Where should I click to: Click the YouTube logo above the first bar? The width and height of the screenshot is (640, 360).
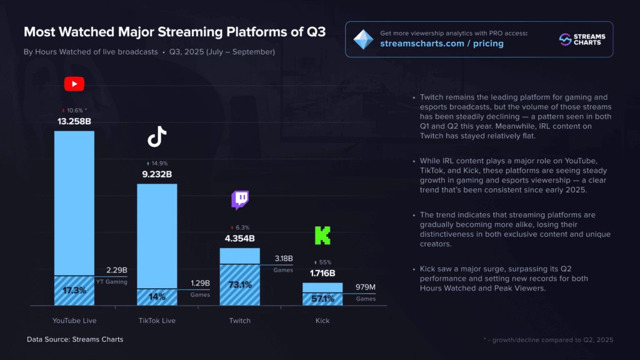click(74, 84)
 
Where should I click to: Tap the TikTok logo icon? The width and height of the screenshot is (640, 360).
click(157, 136)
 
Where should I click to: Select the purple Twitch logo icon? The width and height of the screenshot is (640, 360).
click(240, 200)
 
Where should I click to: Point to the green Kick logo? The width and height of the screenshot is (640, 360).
click(322, 235)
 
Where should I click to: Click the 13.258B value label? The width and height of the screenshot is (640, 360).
click(74, 121)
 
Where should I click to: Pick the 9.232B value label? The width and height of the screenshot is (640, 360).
click(157, 174)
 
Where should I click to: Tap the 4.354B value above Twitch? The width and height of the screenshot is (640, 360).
click(240, 238)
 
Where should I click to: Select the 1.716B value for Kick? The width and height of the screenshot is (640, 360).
click(322, 273)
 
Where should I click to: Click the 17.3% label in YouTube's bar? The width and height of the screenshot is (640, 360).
click(74, 291)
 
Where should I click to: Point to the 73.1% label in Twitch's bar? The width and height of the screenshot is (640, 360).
click(240, 285)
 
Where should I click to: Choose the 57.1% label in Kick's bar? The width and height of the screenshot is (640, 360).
click(322, 299)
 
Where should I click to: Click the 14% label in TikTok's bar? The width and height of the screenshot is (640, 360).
click(157, 297)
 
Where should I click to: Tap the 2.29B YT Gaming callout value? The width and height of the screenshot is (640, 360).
click(117, 270)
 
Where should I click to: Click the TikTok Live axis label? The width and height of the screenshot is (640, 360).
click(157, 321)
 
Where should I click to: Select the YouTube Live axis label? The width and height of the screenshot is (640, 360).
click(74, 321)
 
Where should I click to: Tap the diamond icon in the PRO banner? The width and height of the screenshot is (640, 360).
click(362, 39)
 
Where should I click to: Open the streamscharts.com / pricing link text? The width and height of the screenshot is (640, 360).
click(441, 44)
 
